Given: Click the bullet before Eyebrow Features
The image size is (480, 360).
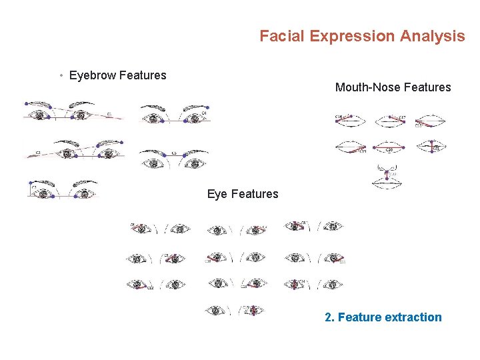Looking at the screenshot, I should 61,75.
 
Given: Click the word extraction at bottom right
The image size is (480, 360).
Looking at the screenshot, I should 413,317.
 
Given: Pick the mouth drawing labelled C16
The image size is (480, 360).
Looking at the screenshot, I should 350,121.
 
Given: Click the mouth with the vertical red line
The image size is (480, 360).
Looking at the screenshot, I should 431,147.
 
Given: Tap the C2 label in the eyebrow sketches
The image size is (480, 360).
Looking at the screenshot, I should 38,153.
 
